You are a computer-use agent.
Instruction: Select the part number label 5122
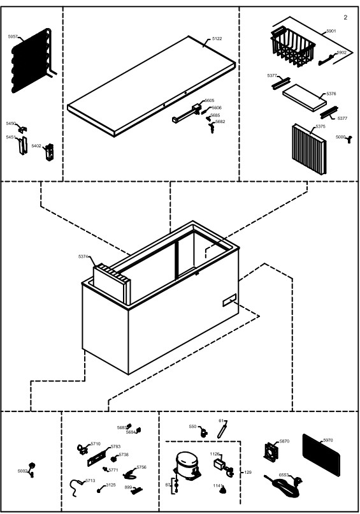coord(217,39)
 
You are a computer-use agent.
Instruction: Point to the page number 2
coord(345,17)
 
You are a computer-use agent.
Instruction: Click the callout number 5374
coord(83,256)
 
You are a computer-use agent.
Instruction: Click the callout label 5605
coord(209,101)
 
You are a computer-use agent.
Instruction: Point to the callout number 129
coord(248,473)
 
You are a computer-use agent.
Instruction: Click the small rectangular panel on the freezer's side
coord(229,300)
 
